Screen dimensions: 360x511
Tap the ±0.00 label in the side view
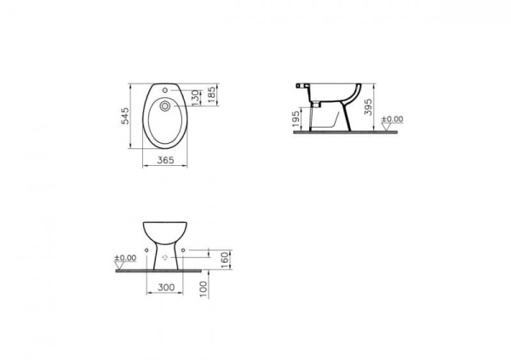click(x=392, y=119)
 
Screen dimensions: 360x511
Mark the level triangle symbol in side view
click(x=392, y=128)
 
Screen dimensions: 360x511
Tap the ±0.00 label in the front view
click(x=125, y=256)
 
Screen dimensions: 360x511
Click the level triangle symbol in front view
click(x=125, y=266)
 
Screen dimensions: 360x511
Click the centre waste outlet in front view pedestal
click(x=166, y=253)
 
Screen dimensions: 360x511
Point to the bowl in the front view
click(x=166, y=228)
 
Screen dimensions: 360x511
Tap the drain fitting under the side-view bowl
click(x=316, y=102)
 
